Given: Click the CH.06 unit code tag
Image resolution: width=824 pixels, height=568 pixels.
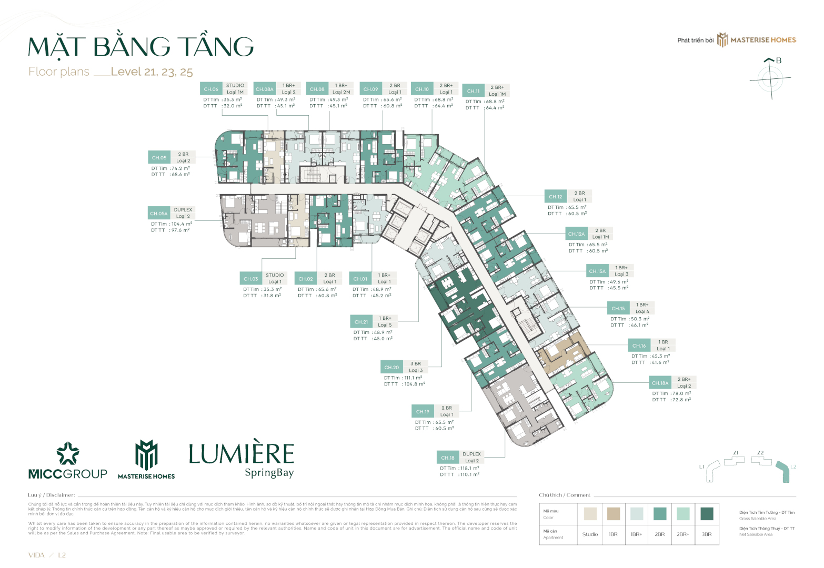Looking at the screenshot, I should coord(211,89).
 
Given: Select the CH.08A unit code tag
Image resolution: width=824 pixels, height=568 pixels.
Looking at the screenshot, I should coord(265,89).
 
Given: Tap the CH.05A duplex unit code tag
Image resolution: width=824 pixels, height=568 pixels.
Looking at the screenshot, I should coord(159,213).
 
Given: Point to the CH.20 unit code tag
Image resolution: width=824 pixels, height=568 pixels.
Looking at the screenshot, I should coord(391,367).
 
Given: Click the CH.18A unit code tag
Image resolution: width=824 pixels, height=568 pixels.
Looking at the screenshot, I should coord(660,383).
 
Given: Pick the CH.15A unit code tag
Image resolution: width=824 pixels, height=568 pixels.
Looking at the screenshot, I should coord(597,271).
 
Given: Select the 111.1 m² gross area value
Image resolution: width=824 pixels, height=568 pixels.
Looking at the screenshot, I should coord(413,378).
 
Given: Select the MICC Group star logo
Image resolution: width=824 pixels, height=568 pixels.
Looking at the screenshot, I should coord(68,453).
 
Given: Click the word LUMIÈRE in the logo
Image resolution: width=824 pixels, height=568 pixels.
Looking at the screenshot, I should coord(242,454).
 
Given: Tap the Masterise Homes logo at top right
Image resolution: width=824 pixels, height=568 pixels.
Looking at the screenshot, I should coord(757,40).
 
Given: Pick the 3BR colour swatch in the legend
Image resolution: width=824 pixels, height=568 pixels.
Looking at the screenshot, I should coord(707,513).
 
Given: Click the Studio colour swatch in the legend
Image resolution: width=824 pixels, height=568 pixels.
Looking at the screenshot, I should coord(590,513).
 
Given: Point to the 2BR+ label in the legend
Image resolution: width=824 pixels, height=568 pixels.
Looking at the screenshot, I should coord(683,534).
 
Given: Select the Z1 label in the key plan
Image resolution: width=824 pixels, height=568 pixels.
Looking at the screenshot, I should coord(736,453).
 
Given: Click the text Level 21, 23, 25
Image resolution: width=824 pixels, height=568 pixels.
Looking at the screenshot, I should coord(152,72).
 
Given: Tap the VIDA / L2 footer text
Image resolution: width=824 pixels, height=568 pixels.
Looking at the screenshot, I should coord(47,555).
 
